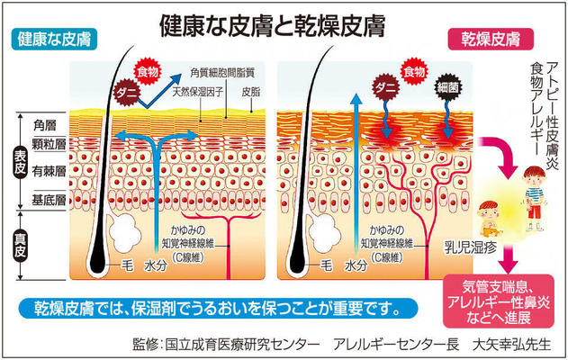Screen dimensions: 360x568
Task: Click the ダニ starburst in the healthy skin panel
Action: pos(123,88)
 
